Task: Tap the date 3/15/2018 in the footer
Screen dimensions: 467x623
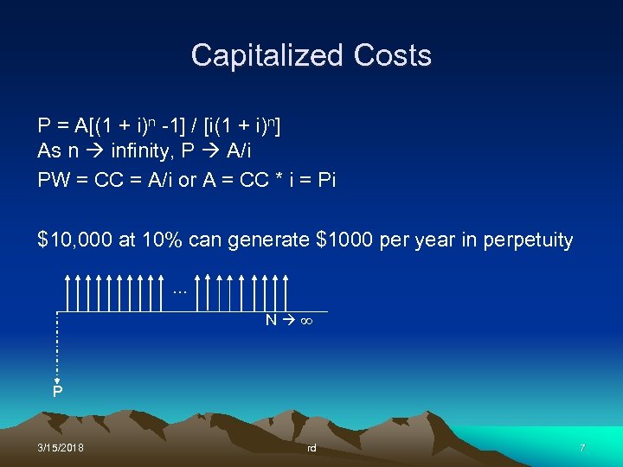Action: [61, 448]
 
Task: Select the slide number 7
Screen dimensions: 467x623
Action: [582, 448]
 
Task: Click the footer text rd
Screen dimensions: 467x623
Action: [311, 448]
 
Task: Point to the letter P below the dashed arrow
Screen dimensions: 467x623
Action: [57, 392]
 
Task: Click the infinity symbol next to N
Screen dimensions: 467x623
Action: [304, 321]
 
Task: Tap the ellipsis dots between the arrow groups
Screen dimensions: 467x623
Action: [180, 291]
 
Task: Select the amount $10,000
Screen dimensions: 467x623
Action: [75, 240]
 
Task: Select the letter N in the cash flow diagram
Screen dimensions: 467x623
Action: [271, 321]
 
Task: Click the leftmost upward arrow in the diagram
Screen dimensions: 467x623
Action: [67, 292]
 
